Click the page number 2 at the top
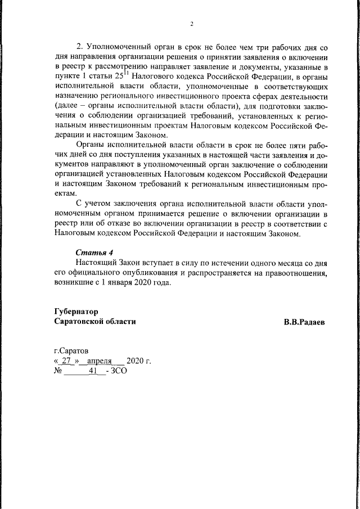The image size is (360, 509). point(192,24)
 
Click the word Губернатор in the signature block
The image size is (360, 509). point(76,311)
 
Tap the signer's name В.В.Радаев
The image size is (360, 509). point(304,322)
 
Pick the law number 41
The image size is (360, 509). point(86,372)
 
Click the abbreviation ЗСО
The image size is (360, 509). point(119,372)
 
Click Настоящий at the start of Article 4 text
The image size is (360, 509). point(96,263)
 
